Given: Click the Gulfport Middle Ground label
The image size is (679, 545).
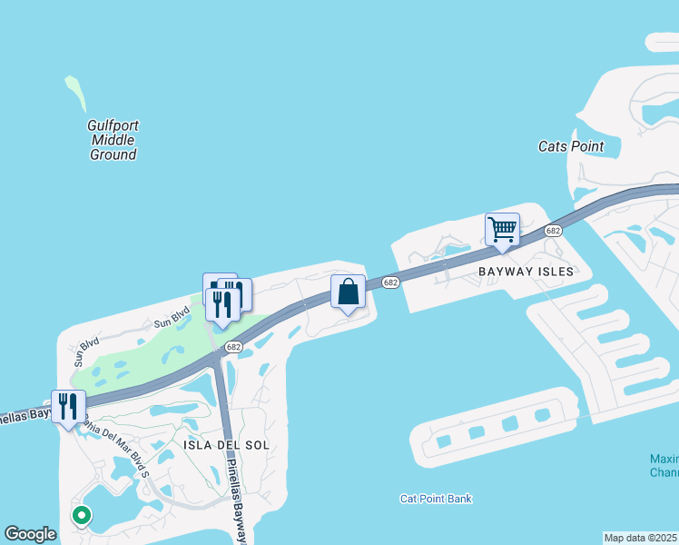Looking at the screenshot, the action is [x=113, y=140].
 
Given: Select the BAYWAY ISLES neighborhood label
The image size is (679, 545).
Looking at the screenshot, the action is [x=526, y=272].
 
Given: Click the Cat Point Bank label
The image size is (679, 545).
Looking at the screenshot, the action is [x=437, y=499].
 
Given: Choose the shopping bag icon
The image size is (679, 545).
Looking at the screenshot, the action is [x=348, y=292].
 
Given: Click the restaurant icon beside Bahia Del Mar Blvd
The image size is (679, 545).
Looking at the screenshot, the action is [x=68, y=406].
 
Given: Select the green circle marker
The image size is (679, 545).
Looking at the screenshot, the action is [x=82, y=515].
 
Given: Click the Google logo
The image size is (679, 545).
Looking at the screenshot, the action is [x=31, y=534].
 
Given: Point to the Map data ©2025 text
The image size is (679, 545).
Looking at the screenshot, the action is [x=641, y=538].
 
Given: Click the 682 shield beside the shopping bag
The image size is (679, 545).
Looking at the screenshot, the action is [x=390, y=283].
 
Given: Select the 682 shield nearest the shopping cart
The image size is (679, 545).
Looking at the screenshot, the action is [x=553, y=232].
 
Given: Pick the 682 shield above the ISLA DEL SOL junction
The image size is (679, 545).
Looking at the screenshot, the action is [x=233, y=347].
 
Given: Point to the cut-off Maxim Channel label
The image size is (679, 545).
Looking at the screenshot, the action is [x=664, y=465].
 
